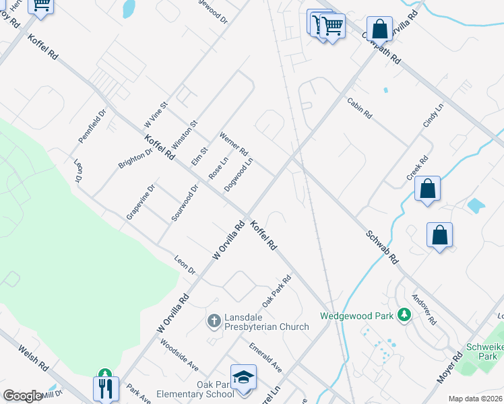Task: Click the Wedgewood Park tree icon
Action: click(404, 314)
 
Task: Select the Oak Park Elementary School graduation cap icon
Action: click(243, 378)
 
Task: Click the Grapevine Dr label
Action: click(141, 201)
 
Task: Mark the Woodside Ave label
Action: click(179, 353)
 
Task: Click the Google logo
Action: click(22, 396)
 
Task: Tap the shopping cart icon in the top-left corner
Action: click(42, 5)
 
